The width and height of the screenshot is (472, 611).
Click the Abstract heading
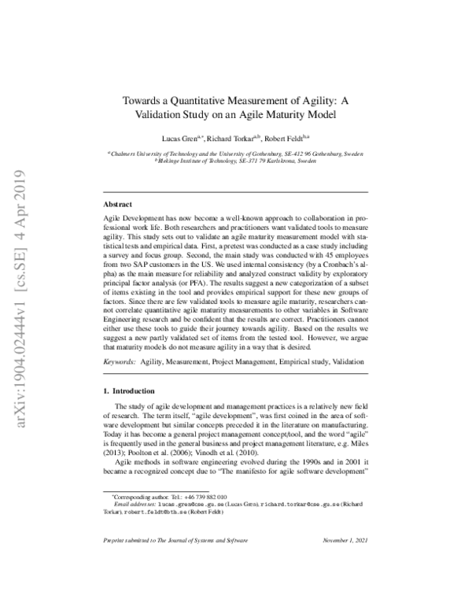click(120, 202)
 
